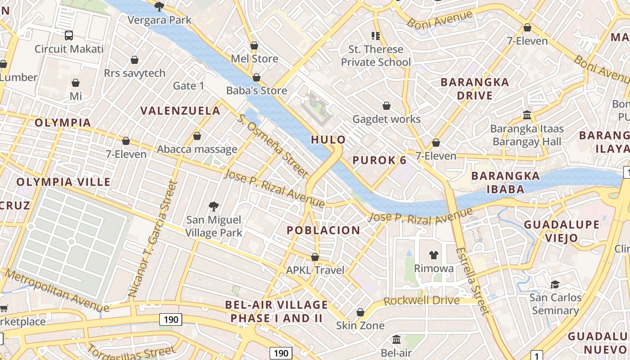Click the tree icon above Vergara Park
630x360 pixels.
(x=159, y=6)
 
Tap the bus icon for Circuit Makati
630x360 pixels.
(x=69, y=35)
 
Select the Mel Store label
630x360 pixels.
(x=254, y=58)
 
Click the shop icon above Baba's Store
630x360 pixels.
(x=256, y=77)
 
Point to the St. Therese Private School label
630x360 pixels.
(x=376, y=55)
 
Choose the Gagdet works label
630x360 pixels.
(x=386, y=119)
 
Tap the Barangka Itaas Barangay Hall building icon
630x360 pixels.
(x=527, y=115)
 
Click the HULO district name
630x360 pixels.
(x=328, y=139)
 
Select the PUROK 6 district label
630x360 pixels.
(x=379, y=160)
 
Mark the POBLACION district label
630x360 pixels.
(x=324, y=230)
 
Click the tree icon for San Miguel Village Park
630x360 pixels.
(x=214, y=207)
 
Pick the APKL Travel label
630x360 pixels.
(x=315, y=270)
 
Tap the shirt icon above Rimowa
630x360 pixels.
(x=433, y=255)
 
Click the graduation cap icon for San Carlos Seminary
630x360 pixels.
(x=555, y=284)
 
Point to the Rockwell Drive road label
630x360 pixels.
(x=422, y=301)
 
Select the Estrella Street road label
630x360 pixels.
(x=472, y=281)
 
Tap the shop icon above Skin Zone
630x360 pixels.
(x=360, y=312)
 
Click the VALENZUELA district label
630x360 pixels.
(x=180, y=111)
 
